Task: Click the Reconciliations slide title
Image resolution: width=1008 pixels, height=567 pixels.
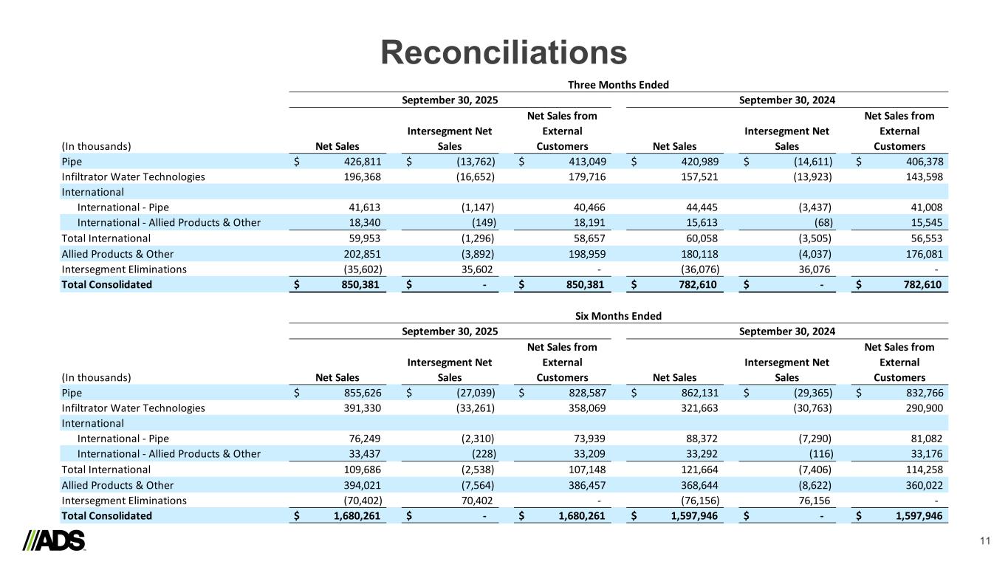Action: coord(504,52)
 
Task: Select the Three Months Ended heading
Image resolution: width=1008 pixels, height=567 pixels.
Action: coord(617,85)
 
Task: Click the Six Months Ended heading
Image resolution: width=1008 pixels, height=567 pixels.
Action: coord(617,316)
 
